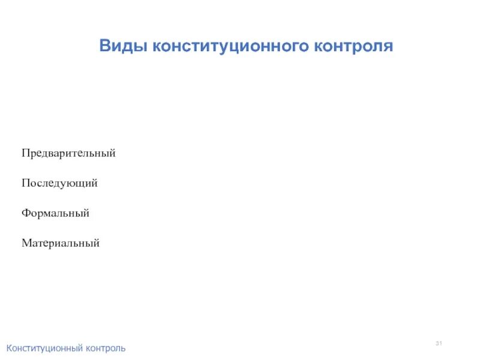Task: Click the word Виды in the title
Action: click(123, 46)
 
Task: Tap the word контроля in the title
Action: click(353, 46)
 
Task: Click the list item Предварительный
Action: click(68, 154)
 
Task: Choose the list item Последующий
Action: click(59, 184)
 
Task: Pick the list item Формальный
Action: click(55, 213)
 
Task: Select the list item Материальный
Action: click(60, 243)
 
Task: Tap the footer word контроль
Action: click(106, 348)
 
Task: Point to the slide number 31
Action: click(439, 343)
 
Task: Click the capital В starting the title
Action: click(104, 46)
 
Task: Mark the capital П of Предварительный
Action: click(26, 154)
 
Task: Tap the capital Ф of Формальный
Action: click(26, 213)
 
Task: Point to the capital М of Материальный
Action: click(27, 243)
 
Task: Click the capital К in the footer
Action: click(9, 348)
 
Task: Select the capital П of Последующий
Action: click(26, 184)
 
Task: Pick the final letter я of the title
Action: click(388, 46)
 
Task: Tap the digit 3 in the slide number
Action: click(437, 343)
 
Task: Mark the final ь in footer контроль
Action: click(123, 348)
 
